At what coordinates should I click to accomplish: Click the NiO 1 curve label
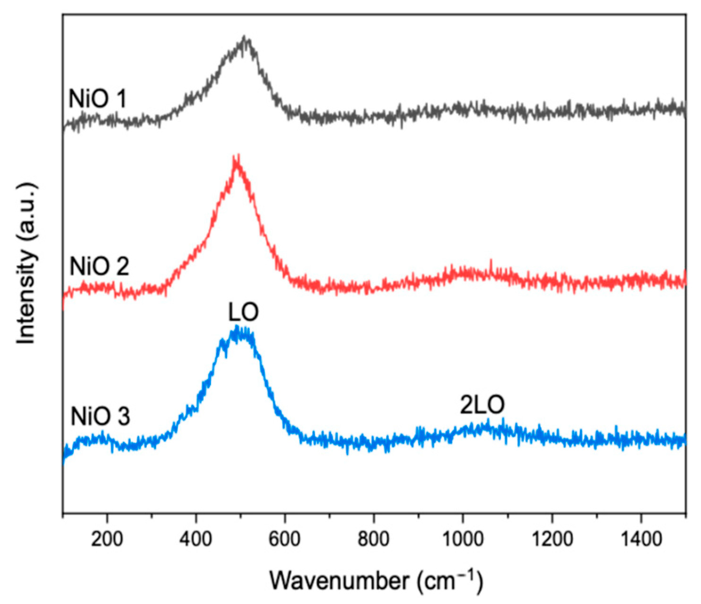(97, 99)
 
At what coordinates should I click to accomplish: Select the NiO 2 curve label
(99, 267)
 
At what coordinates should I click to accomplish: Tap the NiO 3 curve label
(100, 417)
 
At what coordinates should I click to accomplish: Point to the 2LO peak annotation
(482, 405)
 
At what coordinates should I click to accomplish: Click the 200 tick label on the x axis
(107, 539)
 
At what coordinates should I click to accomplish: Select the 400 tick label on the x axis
(196, 539)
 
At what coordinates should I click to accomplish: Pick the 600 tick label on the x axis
(285, 539)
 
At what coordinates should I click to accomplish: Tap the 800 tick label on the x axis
(374, 539)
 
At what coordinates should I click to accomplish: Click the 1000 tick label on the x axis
(463, 539)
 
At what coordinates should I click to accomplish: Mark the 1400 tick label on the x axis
(641, 539)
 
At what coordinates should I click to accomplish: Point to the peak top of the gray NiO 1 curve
(245, 38)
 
